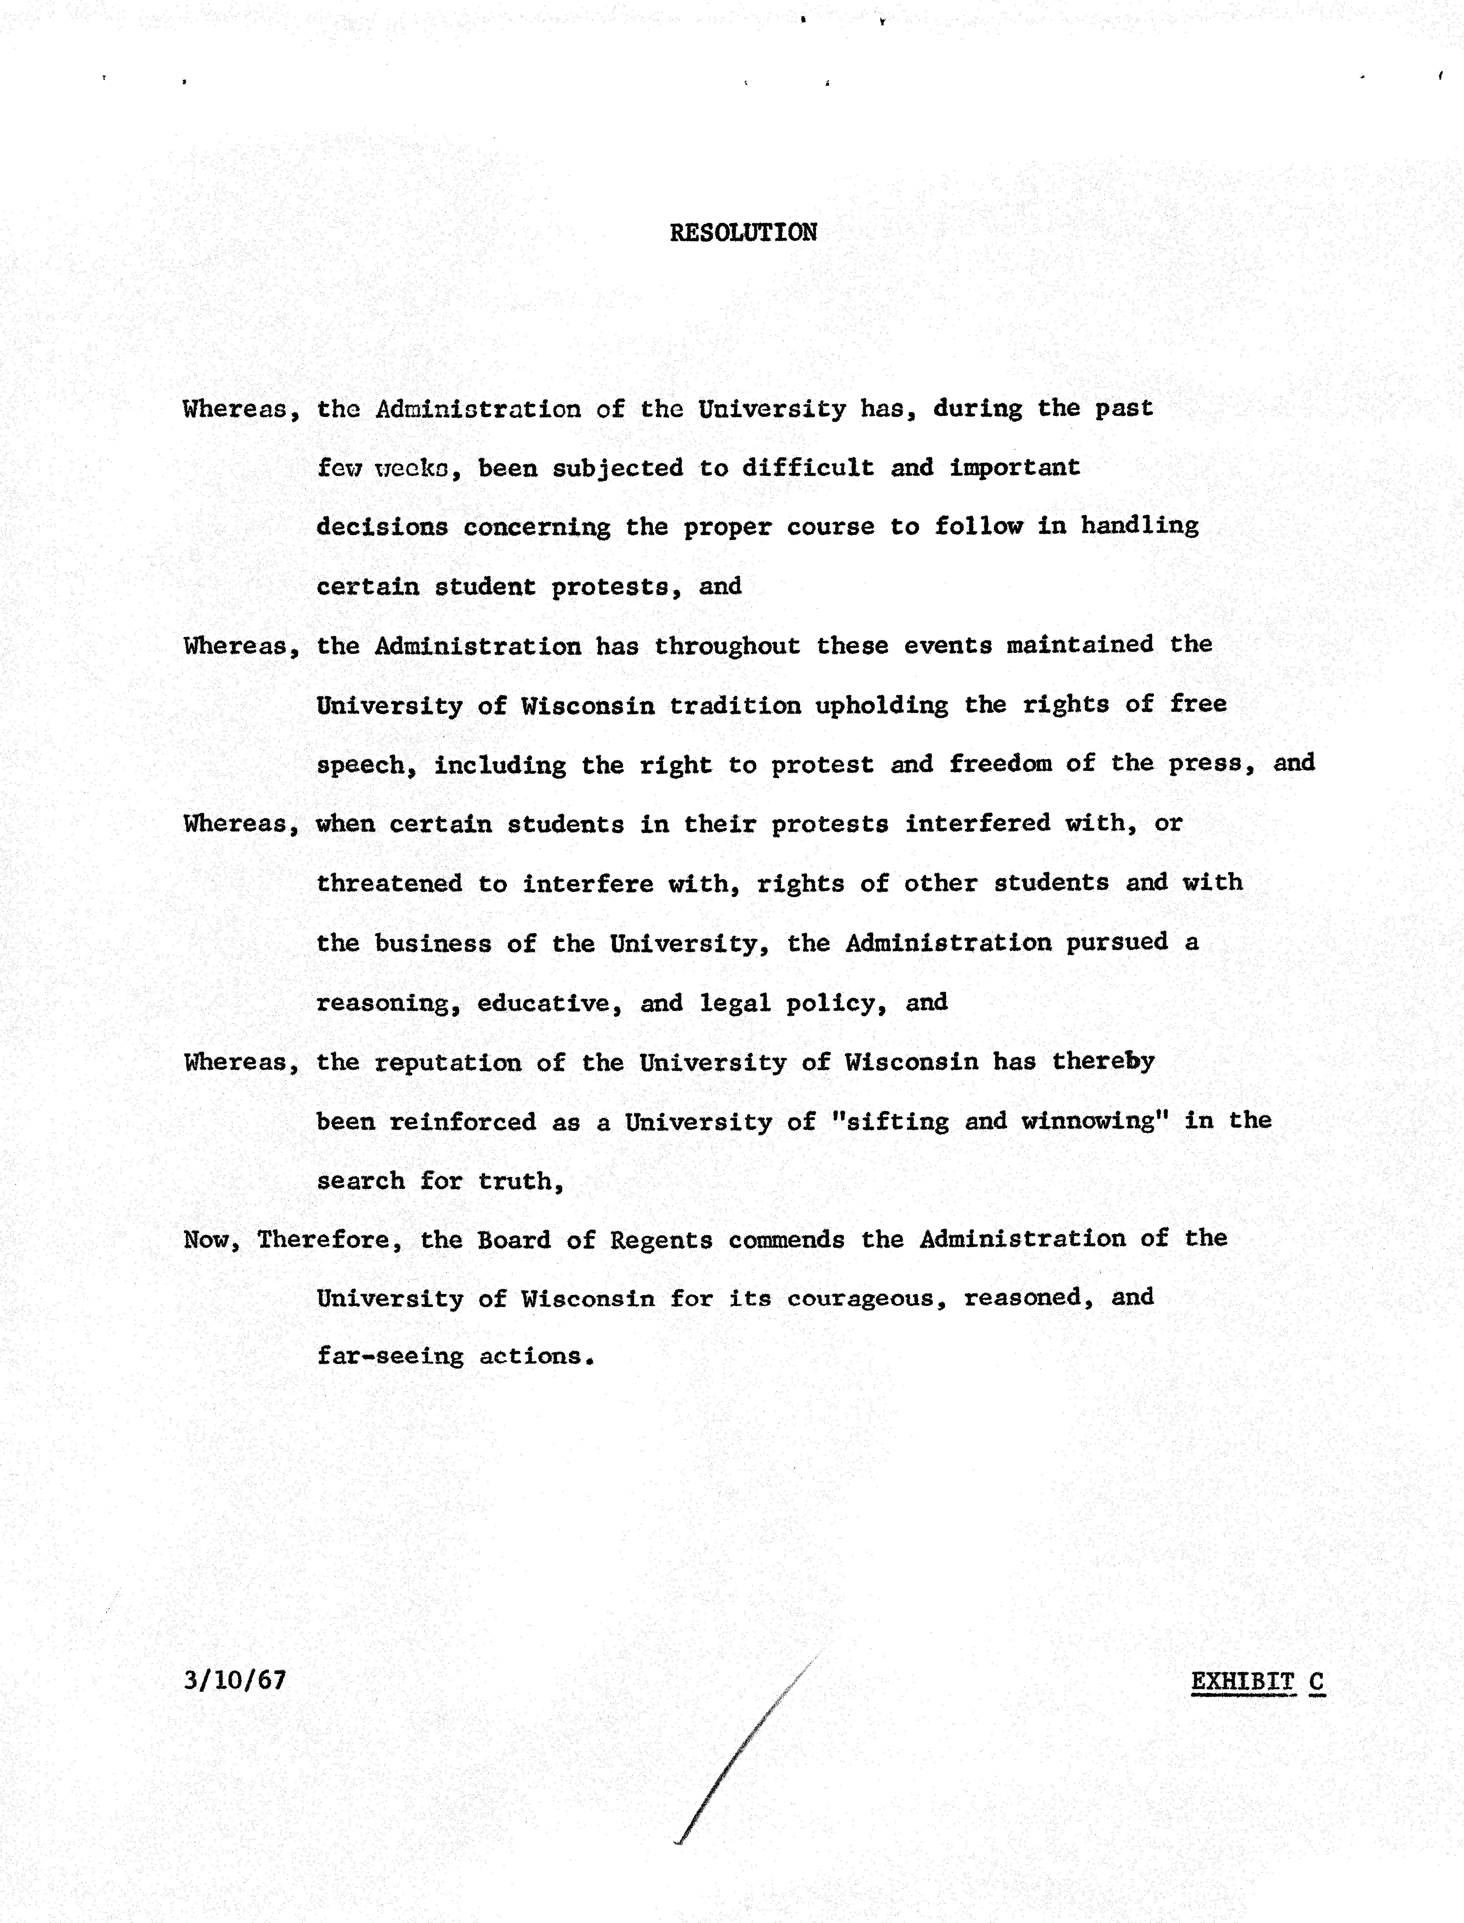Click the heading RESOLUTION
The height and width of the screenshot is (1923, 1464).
click(x=743, y=233)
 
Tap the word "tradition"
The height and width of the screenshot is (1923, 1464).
click(x=735, y=705)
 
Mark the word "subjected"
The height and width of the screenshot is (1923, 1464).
click(x=618, y=468)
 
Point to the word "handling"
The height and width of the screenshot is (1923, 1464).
click(x=1140, y=526)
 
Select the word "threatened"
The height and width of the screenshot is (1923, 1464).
click(x=390, y=884)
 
